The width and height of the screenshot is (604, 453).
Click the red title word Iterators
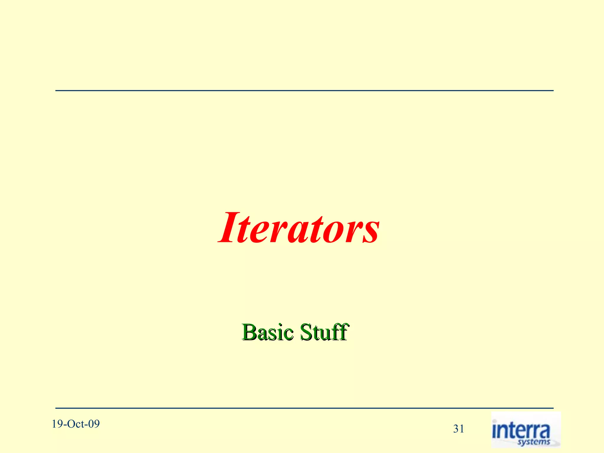(298, 228)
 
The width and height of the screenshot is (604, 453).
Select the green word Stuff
(324, 332)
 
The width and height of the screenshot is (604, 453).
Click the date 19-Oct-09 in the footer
(76, 424)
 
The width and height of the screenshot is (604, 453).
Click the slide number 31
(459, 429)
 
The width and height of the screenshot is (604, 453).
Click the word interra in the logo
(521, 431)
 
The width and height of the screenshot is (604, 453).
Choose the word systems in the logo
(534, 442)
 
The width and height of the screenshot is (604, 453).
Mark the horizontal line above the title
(304, 91)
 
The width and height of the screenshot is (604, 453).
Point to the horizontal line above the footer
(304, 408)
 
